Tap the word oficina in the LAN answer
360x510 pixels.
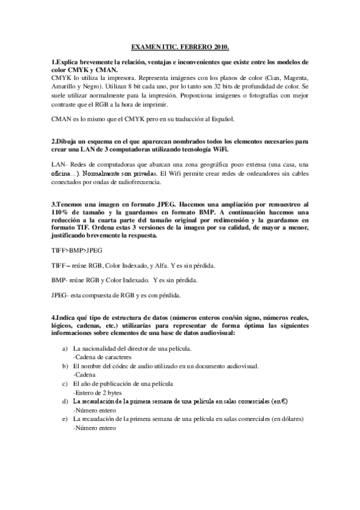(63, 173)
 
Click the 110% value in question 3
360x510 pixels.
(63, 212)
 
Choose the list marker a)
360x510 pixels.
(64, 349)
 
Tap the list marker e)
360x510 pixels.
(64, 419)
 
